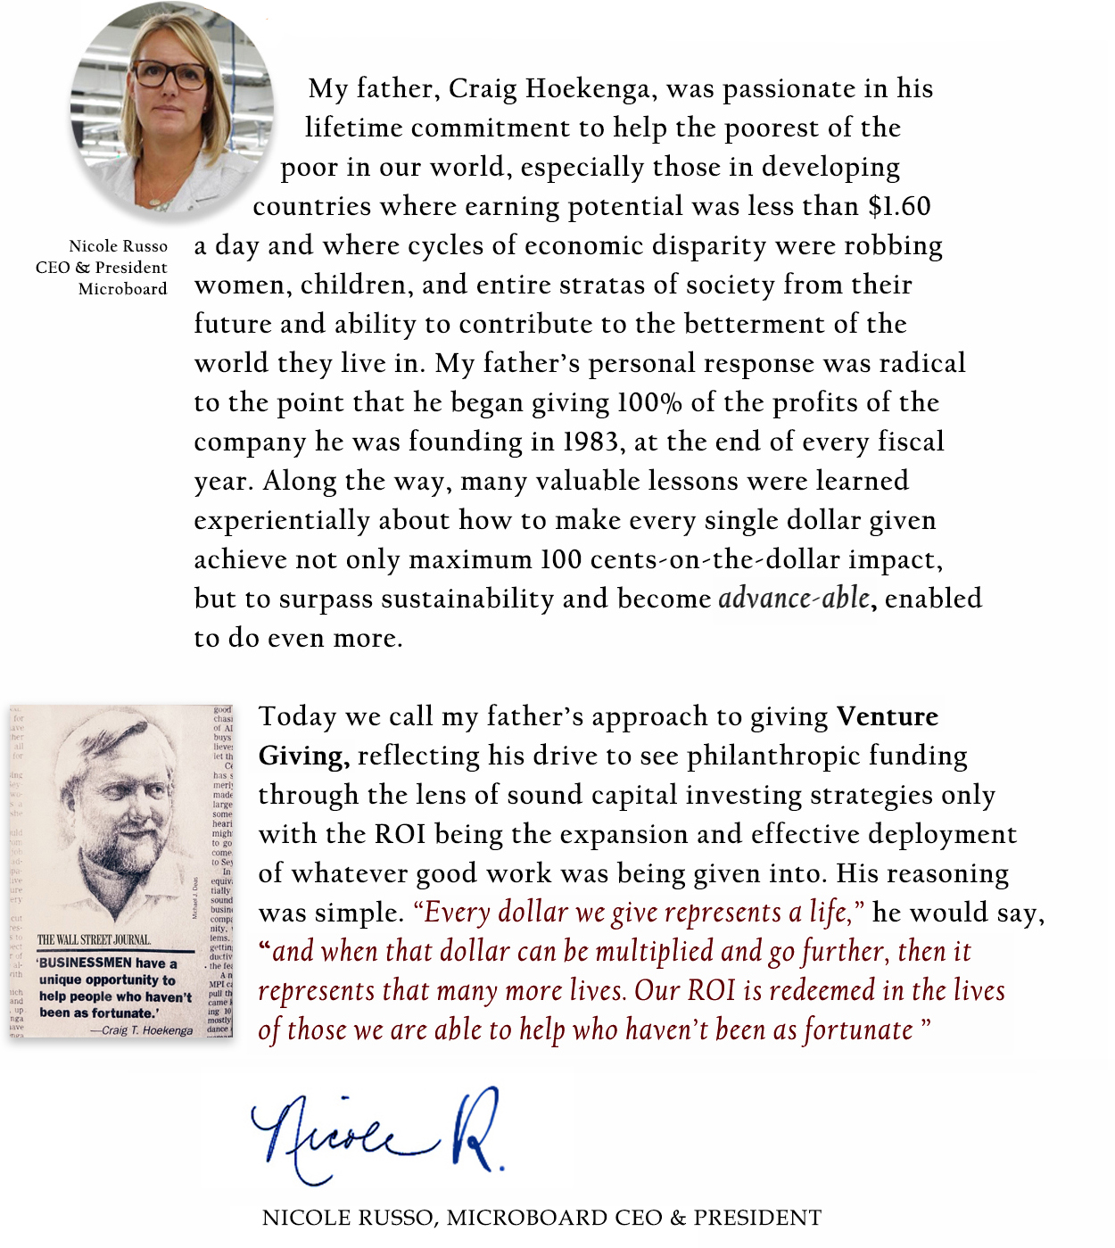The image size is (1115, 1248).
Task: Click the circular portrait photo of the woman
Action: point(172,110)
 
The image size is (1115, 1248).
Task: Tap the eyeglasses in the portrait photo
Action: point(172,74)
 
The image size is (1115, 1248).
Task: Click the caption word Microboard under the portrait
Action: point(122,289)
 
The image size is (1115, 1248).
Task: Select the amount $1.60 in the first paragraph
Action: point(899,207)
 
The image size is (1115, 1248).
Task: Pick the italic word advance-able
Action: point(795,598)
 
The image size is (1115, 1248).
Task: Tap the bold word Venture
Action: point(888,716)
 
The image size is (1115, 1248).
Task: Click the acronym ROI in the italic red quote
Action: point(711,990)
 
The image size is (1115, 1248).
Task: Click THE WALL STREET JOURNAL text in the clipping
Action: point(95,939)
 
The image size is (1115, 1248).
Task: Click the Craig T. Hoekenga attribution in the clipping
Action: point(146,1030)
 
